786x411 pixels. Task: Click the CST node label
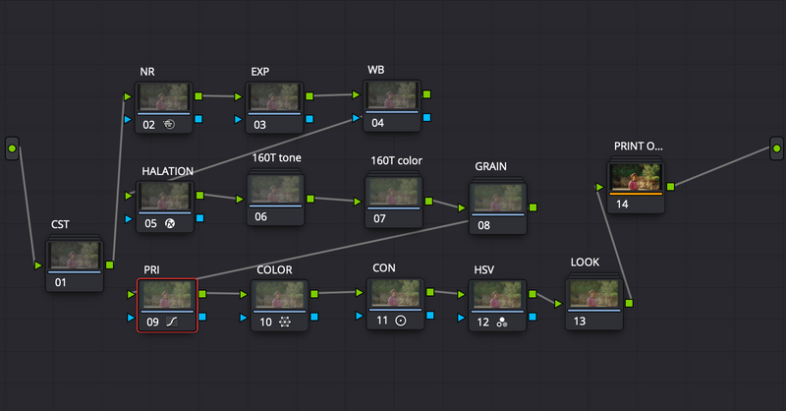tap(60, 224)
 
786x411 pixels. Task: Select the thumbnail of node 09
tap(167, 295)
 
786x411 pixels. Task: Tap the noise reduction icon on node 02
tap(169, 124)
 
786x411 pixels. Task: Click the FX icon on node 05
tap(170, 224)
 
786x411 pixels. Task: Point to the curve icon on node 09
tap(172, 322)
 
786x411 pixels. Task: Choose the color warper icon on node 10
tap(285, 322)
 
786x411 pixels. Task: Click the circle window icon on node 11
tap(401, 321)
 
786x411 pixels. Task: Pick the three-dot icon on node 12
tap(502, 323)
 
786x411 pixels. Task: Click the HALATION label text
tap(167, 171)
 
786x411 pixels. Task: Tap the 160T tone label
tap(277, 157)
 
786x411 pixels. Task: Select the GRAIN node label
tap(490, 166)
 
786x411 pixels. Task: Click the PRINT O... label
tap(638, 147)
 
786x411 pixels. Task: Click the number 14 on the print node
tap(622, 204)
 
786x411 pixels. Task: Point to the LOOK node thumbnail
tap(594, 294)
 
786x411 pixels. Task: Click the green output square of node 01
tap(110, 264)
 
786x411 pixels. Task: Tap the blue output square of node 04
tap(426, 117)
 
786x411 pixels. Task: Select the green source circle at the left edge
tap(12, 148)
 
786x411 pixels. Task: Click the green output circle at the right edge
tap(776, 148)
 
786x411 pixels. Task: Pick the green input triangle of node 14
tap(599, 187)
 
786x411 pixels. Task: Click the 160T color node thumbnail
tap(394, 191)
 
